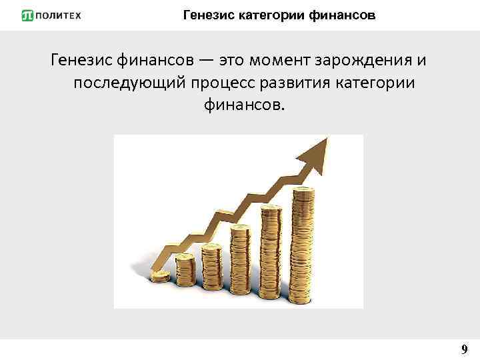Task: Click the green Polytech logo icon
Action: coord(28,15)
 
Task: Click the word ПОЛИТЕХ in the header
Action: coord(59,15)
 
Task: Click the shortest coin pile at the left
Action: coord(161,275)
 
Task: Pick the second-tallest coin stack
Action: coord(271,247)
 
